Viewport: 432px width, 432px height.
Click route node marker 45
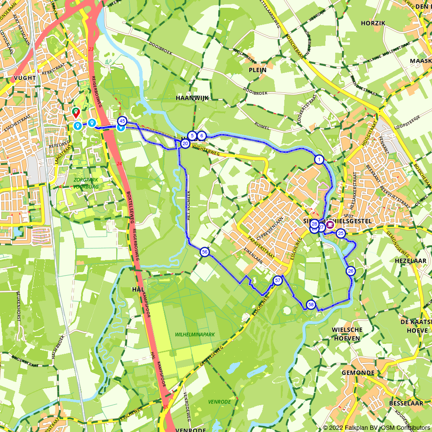[122, 121]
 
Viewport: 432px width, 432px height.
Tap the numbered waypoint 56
[205, 252]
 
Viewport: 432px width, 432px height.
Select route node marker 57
[277, 281]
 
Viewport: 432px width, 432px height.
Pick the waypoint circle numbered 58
[311, 305]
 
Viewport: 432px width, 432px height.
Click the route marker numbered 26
[350, 271]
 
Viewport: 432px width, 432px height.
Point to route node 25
[341, 234]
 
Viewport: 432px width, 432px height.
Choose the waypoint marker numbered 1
[319, 160]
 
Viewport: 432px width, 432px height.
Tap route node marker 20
[185, 143]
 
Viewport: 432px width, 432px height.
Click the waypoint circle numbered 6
[201, 136]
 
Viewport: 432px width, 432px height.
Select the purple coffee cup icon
[330, 224]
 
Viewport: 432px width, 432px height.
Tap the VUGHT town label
[24, 78]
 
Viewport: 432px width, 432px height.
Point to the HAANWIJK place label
[192, 98]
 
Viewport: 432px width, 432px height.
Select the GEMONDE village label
[358, 372]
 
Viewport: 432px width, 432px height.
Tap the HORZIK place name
[372, 23]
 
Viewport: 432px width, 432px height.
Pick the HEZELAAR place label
[410, 261]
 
